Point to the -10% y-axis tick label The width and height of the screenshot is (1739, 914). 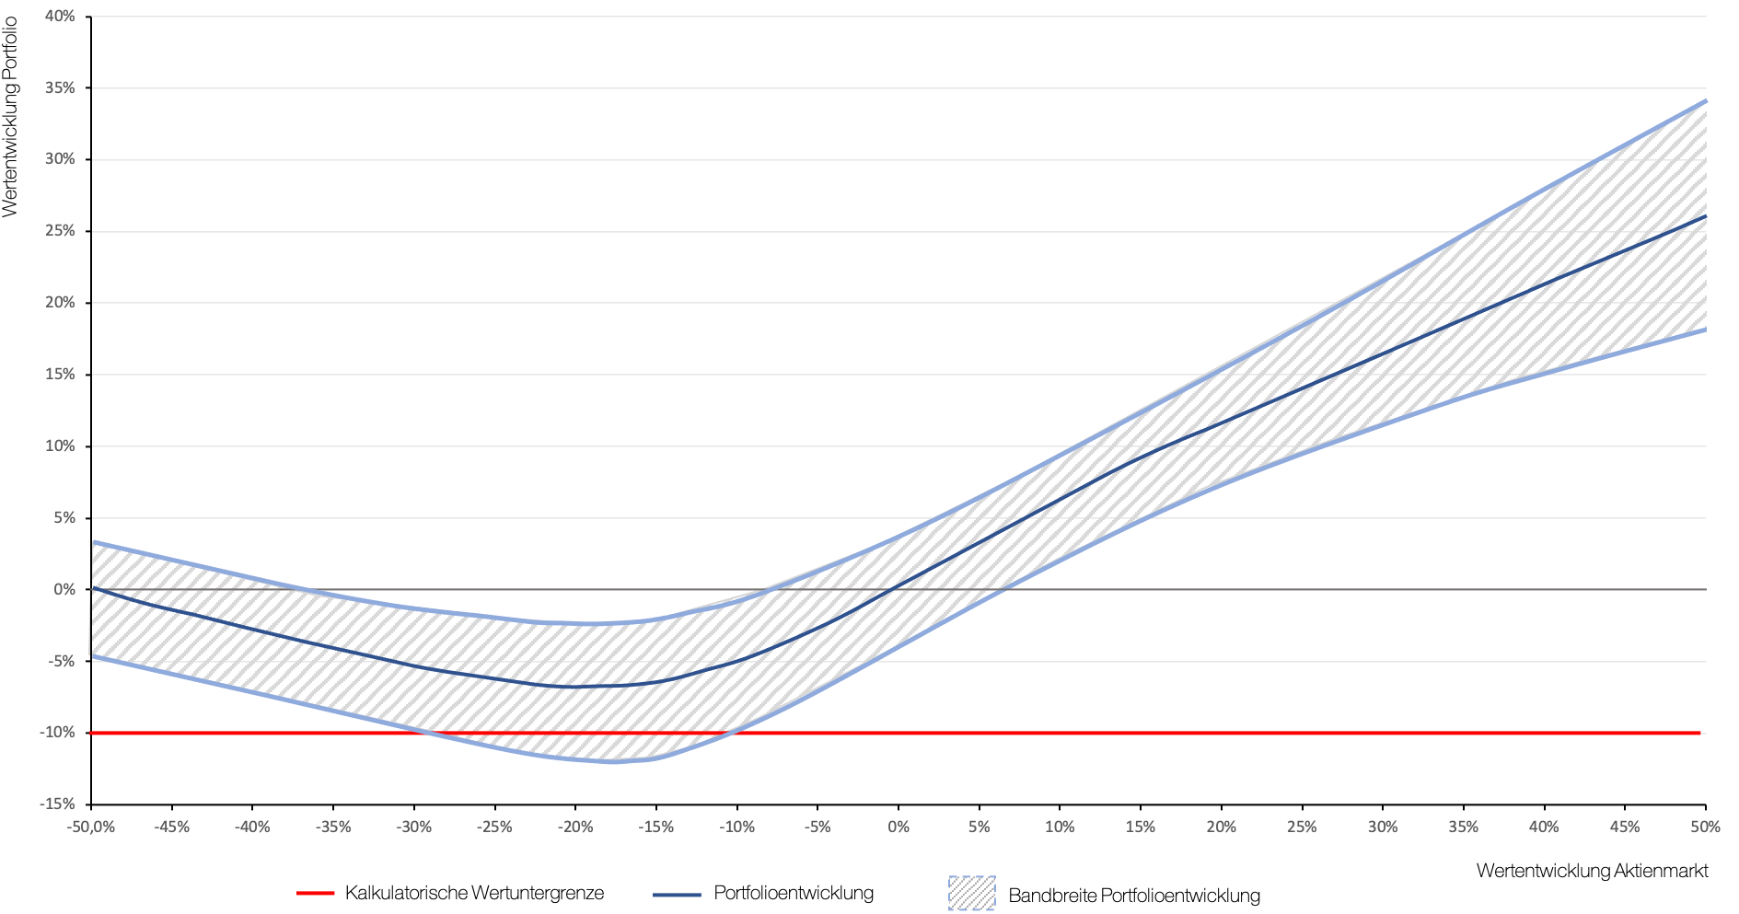[x=57, y=733]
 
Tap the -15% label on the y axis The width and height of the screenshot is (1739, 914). [x=57, y=804]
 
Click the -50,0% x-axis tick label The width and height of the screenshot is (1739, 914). [x=91, y=827]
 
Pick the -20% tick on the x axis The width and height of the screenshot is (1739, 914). [x=575, y=827]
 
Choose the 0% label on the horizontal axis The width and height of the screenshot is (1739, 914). [x=898, y=827]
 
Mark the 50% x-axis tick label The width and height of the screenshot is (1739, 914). [x=1705, y=827]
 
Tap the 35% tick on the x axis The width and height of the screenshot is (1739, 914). [x=1463, y=827]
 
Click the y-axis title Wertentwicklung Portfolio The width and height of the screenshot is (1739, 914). [x=10, y=117]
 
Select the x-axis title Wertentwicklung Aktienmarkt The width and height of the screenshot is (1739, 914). [x=1592, y=871]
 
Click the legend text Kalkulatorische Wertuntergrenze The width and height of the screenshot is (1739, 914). [x=474, y=893]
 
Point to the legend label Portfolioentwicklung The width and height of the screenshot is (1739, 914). [x=794, y=893]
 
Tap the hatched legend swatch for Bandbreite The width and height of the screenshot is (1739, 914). [x=972, y=894]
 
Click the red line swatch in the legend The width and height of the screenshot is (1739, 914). [x=315, y=893]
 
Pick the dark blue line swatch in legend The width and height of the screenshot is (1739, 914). [x=677, y=894]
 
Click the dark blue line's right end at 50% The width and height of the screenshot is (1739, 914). [x=1705, y=216]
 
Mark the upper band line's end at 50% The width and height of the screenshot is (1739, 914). [x=1705, y=101]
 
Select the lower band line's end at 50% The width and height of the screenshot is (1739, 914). [x=1705, y=330]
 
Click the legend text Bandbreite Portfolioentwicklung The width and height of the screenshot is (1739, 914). [x=1134, y=896]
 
